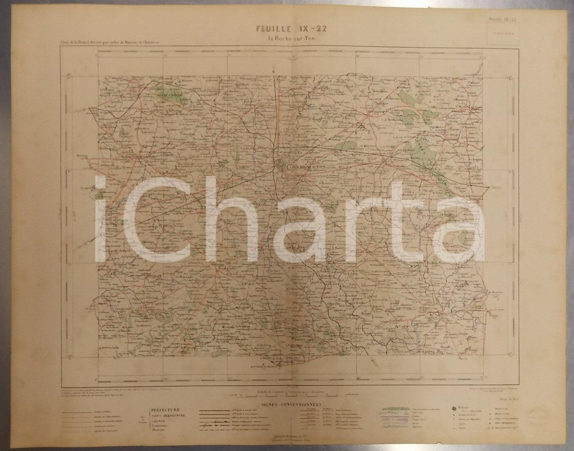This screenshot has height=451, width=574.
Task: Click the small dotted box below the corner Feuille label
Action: (x=501, y=34)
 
